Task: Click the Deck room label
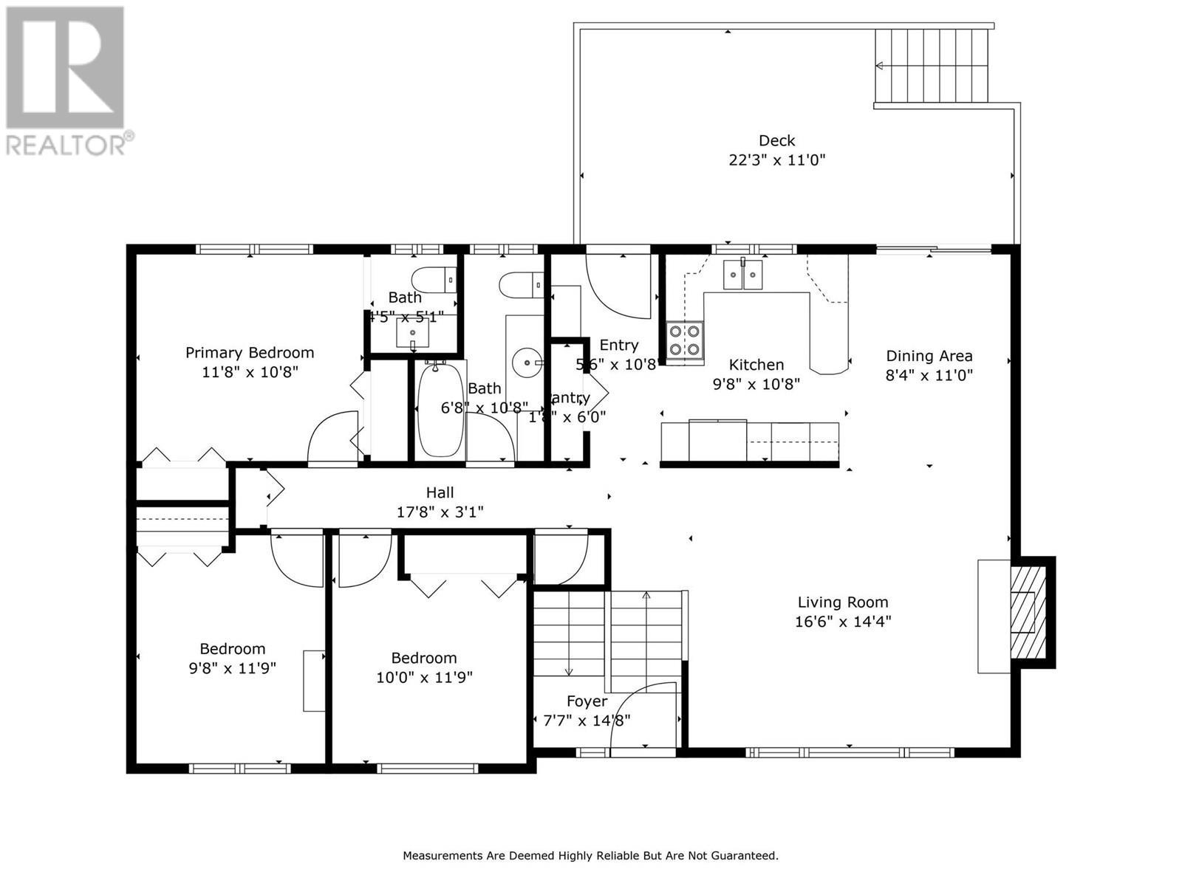pyautogui.click(x=776, y=140)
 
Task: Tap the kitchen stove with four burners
pyautogui.click(x=684, y=341)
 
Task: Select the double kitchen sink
pyautogui.click(x=742, y=276)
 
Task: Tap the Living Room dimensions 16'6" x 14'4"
pyautogui.click(x=842, y=621)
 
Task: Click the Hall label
pyautogui.click(x=440, y=492)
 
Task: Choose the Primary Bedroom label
pyautogui.click(x=250, y=353)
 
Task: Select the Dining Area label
pyautogui.click(x=929, y=356)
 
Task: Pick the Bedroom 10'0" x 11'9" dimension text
pyautogui.click(x=424, y=677)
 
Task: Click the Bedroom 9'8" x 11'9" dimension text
pyautogui.click(x=232, y=668)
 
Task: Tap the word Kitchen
pyautogui.click(x=756, y=365)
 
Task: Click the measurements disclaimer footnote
pyautogui.click(x=590, y=856)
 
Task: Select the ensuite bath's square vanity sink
pyautogui.click(x=412, y=334)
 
